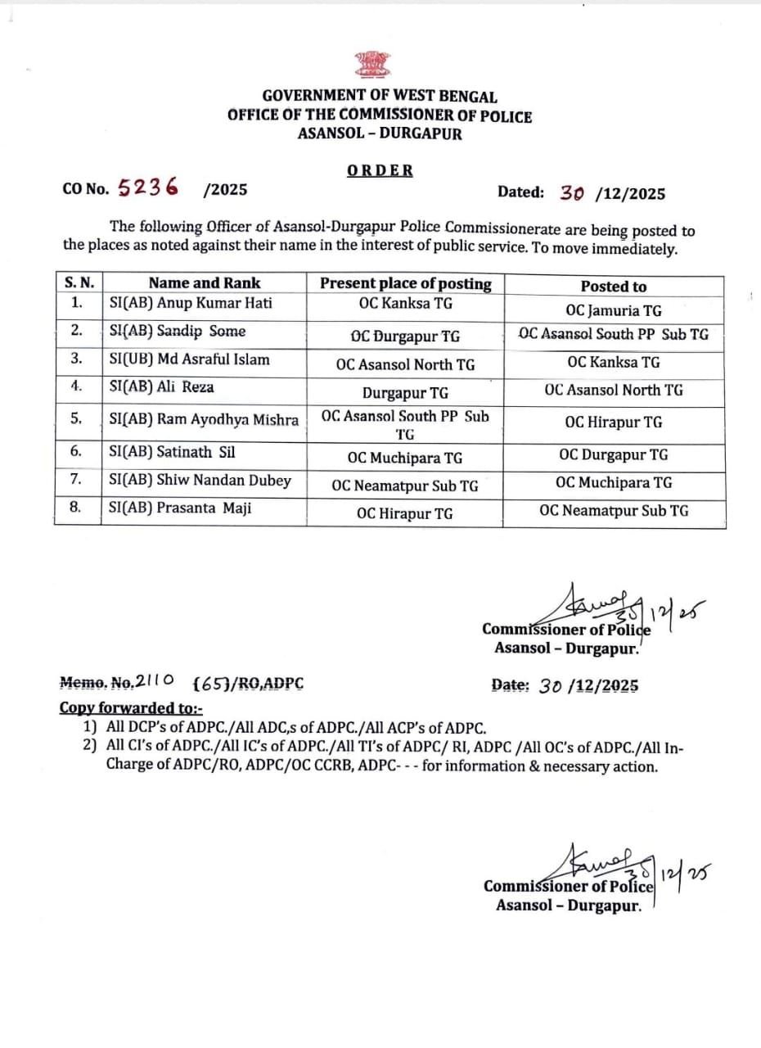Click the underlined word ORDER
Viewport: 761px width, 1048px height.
point(380,170)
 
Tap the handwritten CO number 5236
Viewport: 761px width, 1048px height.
point(148,187)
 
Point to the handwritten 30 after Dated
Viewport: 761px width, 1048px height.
point(573,193)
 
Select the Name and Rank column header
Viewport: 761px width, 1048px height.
point(205,283)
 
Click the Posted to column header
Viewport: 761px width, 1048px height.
point(613,287)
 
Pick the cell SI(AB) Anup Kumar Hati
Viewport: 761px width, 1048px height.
point(190,303)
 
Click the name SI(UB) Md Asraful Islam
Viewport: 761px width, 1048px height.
point(190,359)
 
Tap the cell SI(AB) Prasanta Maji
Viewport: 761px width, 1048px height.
point(181,508)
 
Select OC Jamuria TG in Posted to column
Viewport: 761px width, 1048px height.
point(614,311)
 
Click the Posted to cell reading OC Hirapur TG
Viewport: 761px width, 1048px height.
point(614,422)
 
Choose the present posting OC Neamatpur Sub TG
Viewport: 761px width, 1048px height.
point(405,486)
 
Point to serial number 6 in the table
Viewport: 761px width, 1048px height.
point(76,451)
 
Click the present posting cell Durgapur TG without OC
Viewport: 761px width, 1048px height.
point(405,393)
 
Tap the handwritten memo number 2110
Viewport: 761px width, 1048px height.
point(155,681)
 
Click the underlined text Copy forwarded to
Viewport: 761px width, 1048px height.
point(131,708)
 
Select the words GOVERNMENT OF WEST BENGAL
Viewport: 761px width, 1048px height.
point(380,97)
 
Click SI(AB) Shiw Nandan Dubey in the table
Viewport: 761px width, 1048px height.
point(200,481)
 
